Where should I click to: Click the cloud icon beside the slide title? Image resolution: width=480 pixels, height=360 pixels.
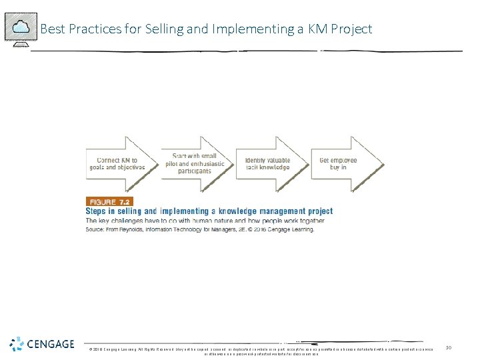tap(21, 27)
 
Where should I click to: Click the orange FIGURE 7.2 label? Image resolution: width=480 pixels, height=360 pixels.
tap(109, 201)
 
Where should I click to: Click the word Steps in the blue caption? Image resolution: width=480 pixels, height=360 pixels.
tap(98, 211)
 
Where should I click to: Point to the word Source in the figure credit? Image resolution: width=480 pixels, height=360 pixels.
tap(95, 229)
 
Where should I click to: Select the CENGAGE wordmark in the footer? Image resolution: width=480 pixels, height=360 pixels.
tap(51, 344)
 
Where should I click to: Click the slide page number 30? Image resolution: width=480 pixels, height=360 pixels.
tap(449, 347)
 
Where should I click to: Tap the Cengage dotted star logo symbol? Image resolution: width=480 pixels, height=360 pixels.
tap(17, 344)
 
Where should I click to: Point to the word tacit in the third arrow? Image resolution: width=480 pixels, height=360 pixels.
tap(253, 167)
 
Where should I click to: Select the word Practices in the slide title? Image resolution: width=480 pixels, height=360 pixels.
tap(91, 29)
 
